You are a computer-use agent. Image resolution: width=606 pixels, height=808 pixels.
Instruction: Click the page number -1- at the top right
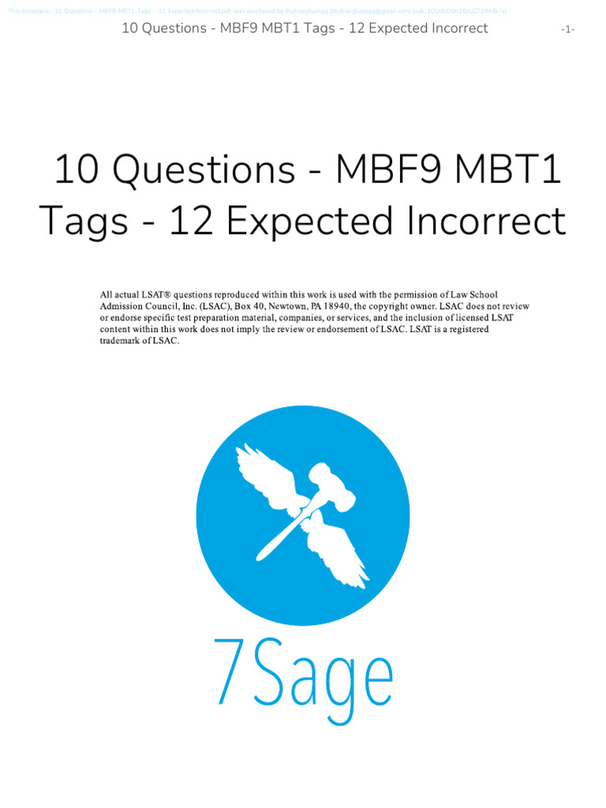567,29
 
